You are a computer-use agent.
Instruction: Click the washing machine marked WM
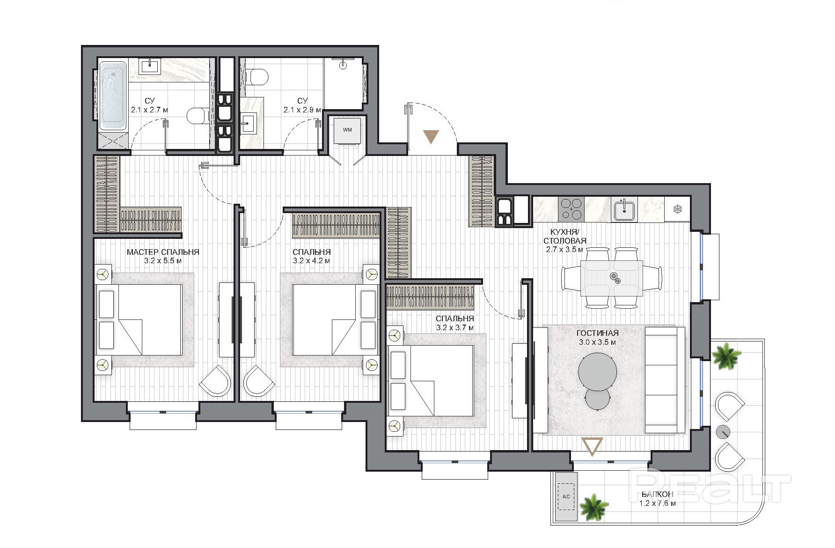click(x=347, y=130)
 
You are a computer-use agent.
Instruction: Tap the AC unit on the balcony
click(x=566, y=496)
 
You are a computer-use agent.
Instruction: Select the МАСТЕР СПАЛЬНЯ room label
click(x=163, y=252)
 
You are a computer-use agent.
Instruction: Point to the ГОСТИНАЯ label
click(x=597, y=333)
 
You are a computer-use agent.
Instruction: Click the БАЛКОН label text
click(x=657, y=494)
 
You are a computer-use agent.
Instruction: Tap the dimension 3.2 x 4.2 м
click(x=311, y=261)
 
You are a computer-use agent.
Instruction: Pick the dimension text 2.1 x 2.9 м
click(x=302, y=110)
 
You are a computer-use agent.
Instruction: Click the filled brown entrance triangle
click(x=431, y=136)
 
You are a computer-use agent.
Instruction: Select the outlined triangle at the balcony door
click(x=593, y=446)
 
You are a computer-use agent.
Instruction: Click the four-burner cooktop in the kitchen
click(x=571, y=209)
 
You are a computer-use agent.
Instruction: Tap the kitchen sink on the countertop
click(x=624, y=209)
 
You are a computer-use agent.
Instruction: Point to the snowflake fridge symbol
click(x=677, y=209)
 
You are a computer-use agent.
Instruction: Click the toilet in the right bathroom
click(x=257, y=76)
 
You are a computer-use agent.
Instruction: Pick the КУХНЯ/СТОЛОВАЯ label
click(x=564, y=237)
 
